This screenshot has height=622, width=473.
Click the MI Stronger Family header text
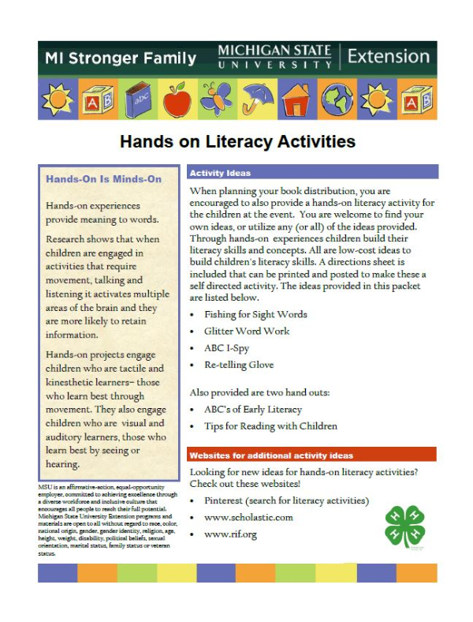pos(121,58)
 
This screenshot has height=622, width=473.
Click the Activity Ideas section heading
pos(218,172)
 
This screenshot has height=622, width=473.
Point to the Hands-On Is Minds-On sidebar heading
pos(103,179)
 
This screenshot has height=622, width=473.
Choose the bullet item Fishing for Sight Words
pos(255,314)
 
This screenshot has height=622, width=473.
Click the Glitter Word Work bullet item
pos(246,332)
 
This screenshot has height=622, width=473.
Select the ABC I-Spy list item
pos(228,348)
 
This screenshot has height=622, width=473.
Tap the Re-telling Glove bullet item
pos(239,365)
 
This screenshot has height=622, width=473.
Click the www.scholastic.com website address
pos(248,518)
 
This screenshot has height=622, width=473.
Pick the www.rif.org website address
pos(230,535)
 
